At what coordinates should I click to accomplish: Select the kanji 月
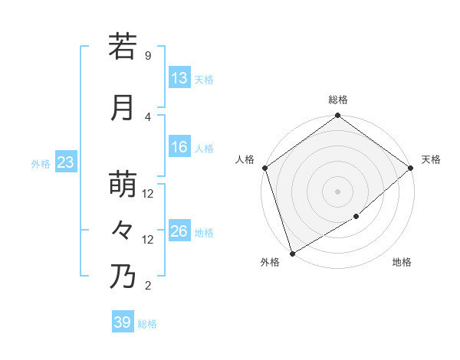point(123,108)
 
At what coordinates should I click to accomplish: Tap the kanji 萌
point(123,185)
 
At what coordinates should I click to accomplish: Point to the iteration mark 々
point(123,230)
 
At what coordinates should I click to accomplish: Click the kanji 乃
point(123,277)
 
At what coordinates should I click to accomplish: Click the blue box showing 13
point(179,78)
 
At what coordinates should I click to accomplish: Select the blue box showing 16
point(179,148)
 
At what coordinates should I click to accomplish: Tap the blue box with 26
point(179,231)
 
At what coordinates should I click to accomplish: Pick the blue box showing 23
point(65,162)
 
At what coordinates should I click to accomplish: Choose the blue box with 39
point(122,322)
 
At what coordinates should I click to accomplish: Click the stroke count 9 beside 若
point(147,56)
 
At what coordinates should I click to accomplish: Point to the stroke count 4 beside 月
point(147,116)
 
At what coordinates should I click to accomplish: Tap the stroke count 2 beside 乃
point(147,286)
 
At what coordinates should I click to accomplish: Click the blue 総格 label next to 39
point(148,324)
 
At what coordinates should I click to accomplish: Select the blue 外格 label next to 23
point(41,163)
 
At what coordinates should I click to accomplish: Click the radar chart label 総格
point(338,100)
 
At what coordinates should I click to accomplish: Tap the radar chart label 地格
point(402,263)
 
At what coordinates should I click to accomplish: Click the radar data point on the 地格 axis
point(356,218)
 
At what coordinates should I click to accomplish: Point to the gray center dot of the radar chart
point(338,191)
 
